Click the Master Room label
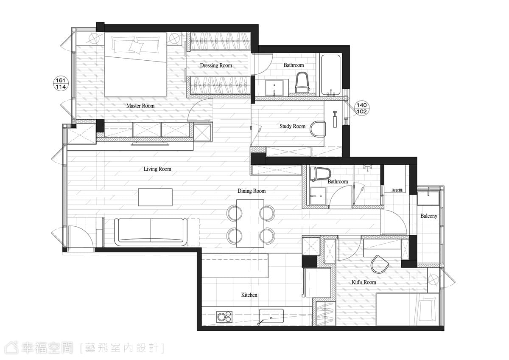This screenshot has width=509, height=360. point(140,106)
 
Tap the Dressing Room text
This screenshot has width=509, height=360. point(216,65)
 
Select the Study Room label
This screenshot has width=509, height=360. point(292,126)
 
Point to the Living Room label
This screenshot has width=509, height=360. point(157,169)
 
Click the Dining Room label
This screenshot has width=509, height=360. point(252,191)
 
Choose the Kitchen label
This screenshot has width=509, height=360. point(249,295)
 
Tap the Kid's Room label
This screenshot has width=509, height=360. point(364,282)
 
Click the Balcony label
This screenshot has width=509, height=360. point(429,216)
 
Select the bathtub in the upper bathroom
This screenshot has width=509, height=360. point(330,75)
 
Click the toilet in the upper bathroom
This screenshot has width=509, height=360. point(302,82)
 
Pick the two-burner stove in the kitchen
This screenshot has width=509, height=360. point(224,317)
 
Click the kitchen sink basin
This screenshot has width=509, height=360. point(271,316)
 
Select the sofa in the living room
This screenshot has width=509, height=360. point(151,232)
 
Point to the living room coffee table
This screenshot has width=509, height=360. point(155,197)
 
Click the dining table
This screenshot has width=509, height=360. point(250,224)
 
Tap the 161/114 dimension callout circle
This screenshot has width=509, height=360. point(61,84)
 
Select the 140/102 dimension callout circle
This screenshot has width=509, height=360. point(361,108)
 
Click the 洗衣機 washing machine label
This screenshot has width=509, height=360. point(397,190)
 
